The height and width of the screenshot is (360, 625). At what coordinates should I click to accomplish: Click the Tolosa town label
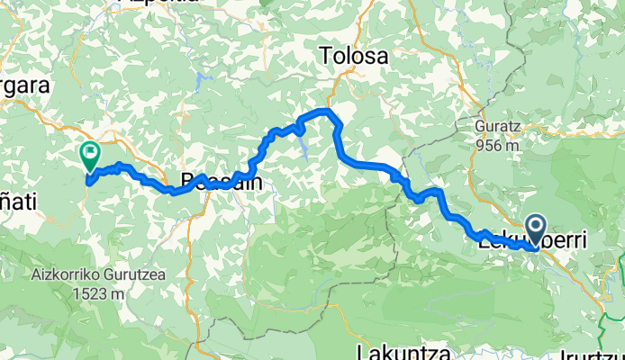(x=355, y=57)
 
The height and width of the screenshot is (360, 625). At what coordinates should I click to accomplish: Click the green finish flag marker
(x=90, y=156)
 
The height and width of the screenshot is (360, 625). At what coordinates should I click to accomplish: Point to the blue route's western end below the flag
(x=88, y=179)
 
